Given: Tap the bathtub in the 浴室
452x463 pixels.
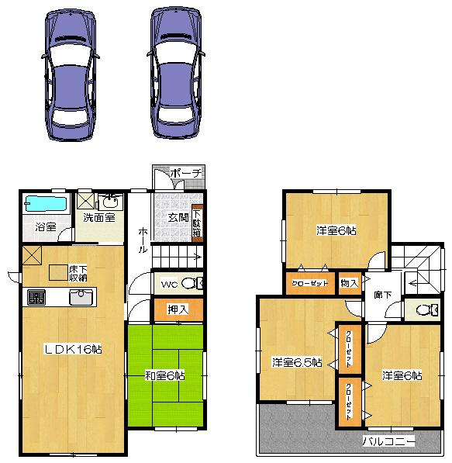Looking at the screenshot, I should pyautogui.click(x=46, y=205).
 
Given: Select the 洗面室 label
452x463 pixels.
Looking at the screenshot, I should pyautogui.click(x=99, y=218).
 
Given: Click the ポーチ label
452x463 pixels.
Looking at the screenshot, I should pyautogui.click(x=185, y=173).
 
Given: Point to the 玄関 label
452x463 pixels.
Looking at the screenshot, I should pyautogui.click(x=178, y=217).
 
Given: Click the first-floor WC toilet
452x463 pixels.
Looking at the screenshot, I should pyautogui.click(x=195, y=283).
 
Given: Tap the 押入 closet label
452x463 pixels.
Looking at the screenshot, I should pyautogui.click(x=178, y=309).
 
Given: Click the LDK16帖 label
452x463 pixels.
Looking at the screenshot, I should pyautogui.click(x=73, y=350).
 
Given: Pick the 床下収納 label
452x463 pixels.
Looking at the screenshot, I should pyautogui.click(x=78, y=272).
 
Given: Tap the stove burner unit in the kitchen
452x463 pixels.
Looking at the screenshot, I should pyautogui.click(x=36, y=297).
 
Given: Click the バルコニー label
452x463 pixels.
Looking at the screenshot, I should pyautogui.click(x=388, y=442).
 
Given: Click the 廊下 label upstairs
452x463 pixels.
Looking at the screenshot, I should pyautogui.click(x=382, y=295).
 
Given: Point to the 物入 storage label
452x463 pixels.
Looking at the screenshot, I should pyautogui.click(x=350, y=283).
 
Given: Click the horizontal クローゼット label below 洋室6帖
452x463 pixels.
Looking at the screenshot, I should pyautogui.click(x=310, y=283).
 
